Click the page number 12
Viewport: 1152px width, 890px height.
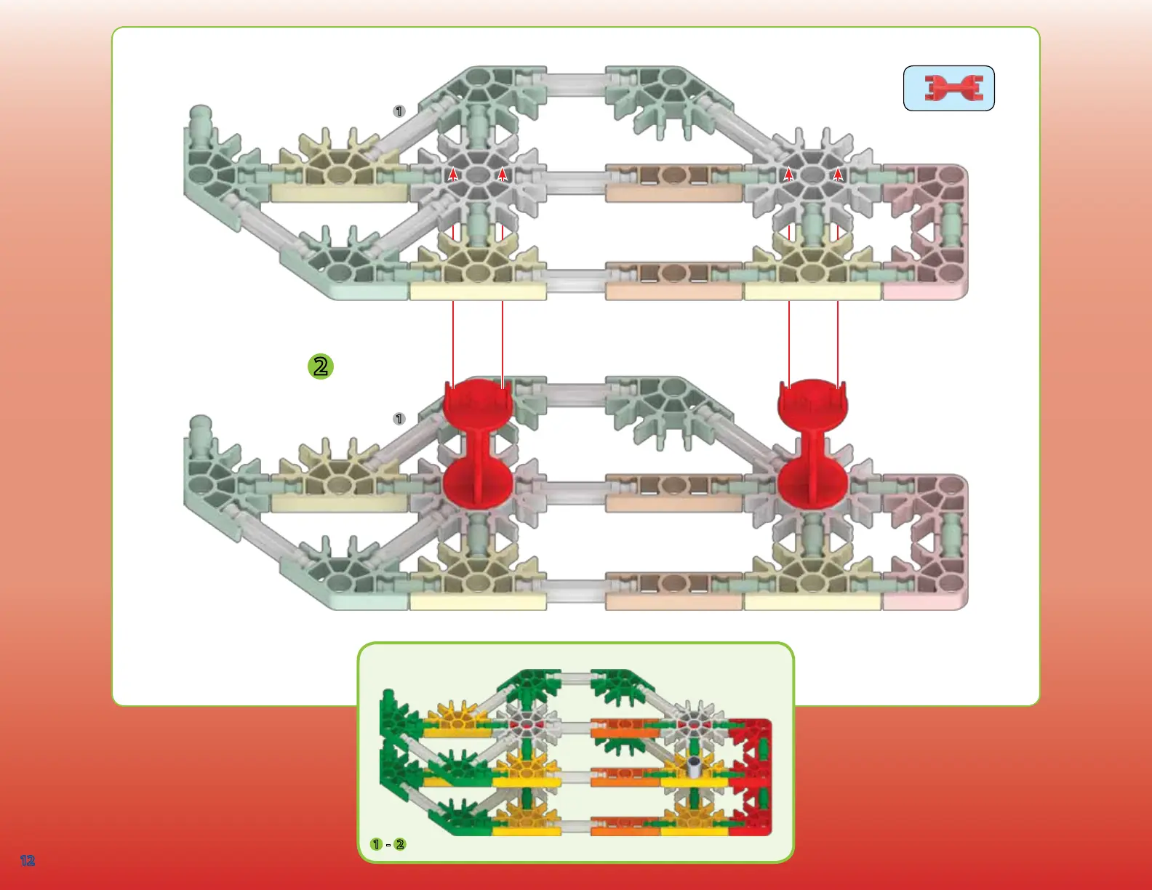pos(28,861)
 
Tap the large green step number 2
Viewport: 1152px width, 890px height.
pos(321,366)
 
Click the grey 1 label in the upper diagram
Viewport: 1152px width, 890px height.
pos(399,111)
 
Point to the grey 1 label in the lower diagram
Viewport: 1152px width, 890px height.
pos(399,419)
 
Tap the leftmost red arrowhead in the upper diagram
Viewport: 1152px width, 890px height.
pos(453,174)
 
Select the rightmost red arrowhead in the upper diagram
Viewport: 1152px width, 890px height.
pos(838,174)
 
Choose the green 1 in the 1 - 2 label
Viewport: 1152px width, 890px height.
pos(376,844)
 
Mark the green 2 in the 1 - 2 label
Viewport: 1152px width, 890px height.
pos(400,844)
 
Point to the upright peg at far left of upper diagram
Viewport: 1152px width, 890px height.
pos(200,121)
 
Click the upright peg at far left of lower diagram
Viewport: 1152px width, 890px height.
pos(200,429)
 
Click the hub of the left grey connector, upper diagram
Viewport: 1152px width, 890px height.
pos(478,175)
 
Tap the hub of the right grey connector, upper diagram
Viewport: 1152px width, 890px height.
pos(812,175)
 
